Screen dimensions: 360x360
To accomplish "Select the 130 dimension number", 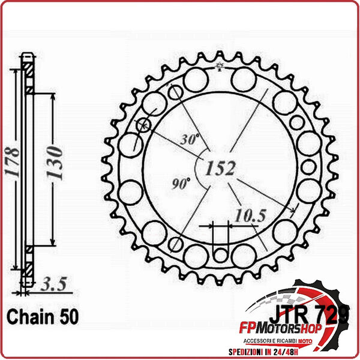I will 53,161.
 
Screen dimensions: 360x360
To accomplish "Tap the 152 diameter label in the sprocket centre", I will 220,169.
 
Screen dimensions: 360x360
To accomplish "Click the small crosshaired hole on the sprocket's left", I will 143,125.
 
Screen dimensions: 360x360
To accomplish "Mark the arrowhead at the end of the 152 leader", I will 292,211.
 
